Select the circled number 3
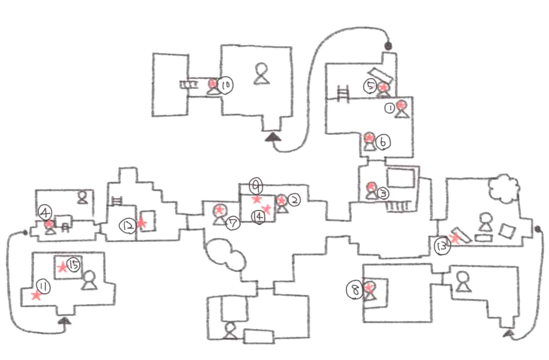click(x=382, y=192)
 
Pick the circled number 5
click(x=370, y=86)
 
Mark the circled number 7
click(x=232, y=223)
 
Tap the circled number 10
click(x=226, y=85)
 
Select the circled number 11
click(x=44, y=288)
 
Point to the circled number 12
click(x=128, y=227)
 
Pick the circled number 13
click(x=442, y=246)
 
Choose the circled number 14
click(x=258, y=216)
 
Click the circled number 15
click(x=74, y=264)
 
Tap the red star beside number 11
click(x=36, y=295)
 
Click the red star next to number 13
click(x=455, y=238)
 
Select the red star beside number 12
click(x=142, y=222)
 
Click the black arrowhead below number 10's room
click(x=273, y=137)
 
